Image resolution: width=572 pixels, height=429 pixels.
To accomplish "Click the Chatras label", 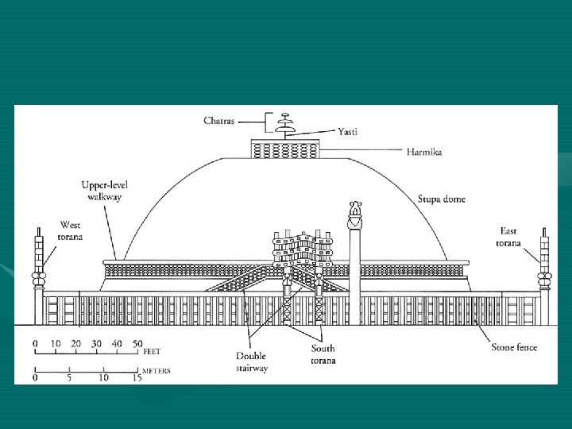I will (x=218, y=121).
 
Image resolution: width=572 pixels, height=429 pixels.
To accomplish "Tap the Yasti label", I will (x=347, y=131).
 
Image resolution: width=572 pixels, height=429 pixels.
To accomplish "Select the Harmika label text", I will (x=424, y=151).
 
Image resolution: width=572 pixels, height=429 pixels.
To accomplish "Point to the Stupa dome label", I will (x=442, y=199).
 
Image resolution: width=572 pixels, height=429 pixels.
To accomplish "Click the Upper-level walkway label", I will (x=105, y=191).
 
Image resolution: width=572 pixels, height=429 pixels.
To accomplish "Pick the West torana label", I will (x=70, y=231).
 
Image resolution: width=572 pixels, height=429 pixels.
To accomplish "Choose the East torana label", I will (x=507, y=237).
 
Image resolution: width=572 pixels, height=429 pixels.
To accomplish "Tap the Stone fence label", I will (x=514, y=347).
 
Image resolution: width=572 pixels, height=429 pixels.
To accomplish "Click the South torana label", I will (x=323, y=354).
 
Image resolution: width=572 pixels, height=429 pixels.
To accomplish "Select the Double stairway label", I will (x=252, y=362).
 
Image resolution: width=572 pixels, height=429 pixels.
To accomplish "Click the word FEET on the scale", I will (x=153, y=350).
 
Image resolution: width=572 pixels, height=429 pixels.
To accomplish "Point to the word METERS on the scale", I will (x=156, y=371).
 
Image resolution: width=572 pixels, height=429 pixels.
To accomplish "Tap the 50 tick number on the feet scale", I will (x=137, y=343).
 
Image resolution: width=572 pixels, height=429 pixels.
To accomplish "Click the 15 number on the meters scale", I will (x=137, y=378).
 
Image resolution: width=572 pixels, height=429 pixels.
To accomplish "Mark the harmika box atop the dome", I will (x=285, y=149).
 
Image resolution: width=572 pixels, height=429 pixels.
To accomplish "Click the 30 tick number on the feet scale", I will (x=96, y=343).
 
